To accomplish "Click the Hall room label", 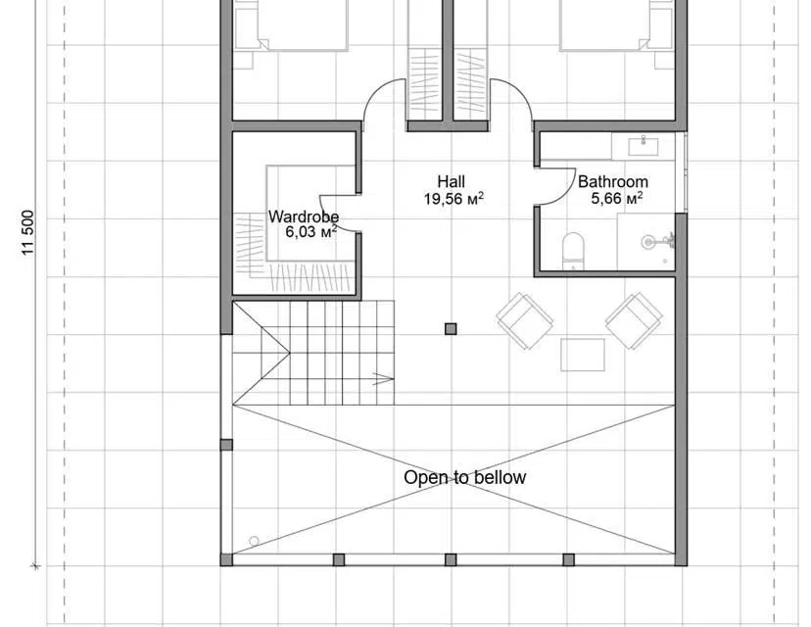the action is coord(451,181).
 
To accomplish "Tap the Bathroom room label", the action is coord(613,181).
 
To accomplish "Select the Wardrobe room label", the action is coord(304,217).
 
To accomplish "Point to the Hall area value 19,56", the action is coord(443,199).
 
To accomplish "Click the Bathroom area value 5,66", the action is coord(605,199).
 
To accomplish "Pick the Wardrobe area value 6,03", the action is coord(300,232).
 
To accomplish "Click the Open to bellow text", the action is coord(464,477).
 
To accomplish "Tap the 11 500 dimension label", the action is coord(28,232).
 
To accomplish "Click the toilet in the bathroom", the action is coord(573,252).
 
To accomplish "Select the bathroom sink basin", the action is coord(643,146).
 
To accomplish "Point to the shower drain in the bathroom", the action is coord(647,242).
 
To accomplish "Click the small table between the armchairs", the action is coord(583,355).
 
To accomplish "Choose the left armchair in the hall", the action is coord(524,320).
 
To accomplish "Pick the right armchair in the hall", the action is coord(634,320).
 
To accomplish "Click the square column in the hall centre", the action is coord(451,328).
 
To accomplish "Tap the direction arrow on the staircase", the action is coord(383,378).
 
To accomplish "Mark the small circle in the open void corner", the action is coord(254,541).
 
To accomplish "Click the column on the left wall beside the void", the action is coord(226,445).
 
